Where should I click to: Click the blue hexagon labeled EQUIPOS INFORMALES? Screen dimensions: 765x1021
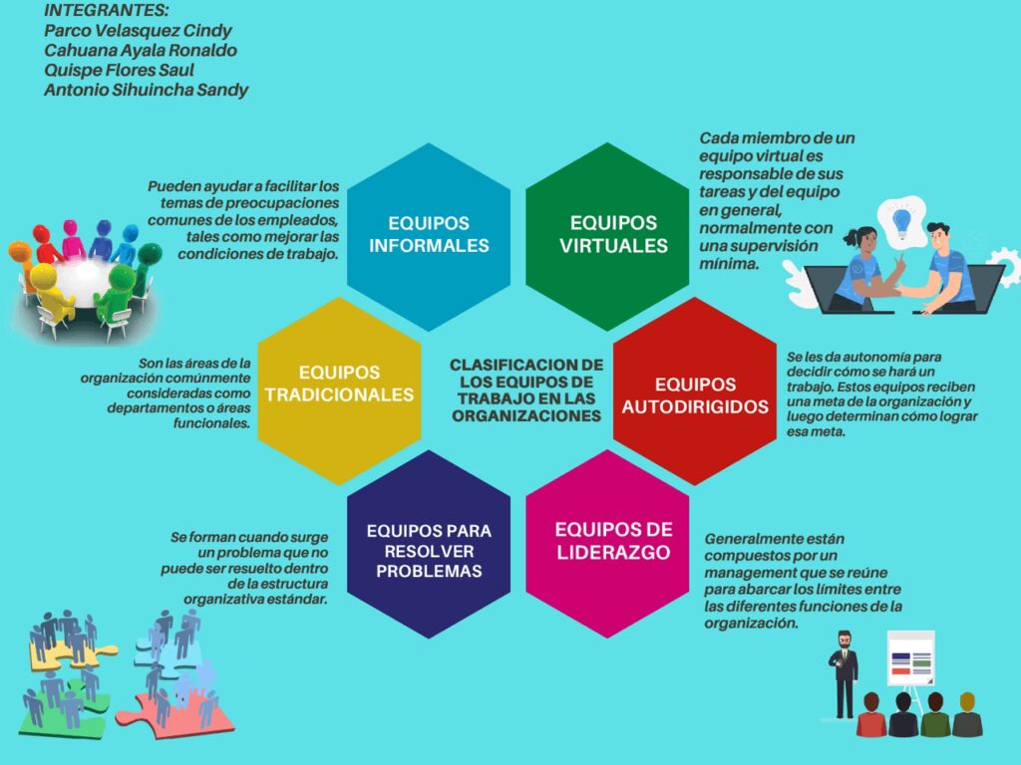(x=429, y=236)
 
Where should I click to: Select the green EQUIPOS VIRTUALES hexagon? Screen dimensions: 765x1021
(x=612, y=236)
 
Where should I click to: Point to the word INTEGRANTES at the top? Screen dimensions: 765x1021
(x=106, y=11)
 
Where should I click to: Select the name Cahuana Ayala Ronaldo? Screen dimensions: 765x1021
(x=140, y=50)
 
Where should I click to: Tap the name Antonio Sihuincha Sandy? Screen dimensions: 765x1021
(x=146, y=90)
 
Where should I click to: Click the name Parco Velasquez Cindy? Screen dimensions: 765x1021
(x=138, y=30)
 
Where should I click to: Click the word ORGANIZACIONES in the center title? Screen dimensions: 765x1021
(x=526, y=416)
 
